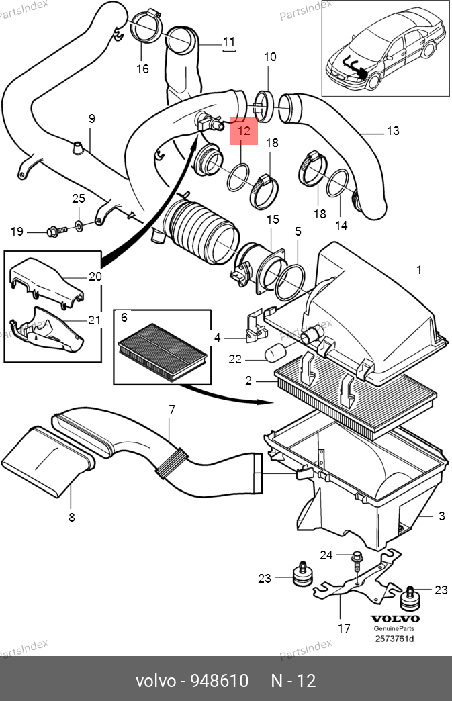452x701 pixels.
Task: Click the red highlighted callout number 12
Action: tap(244, 131)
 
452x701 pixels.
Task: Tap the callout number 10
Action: tap(270, 57)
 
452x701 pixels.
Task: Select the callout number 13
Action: tap(392, 130)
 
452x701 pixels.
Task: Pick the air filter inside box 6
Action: tap(163, 352)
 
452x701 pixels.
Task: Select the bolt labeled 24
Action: tap(357, 561)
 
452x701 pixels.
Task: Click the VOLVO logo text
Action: tap(395, 618)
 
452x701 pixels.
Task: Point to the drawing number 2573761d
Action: tap(394, 639)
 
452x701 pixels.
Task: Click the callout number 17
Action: tap(344, 628)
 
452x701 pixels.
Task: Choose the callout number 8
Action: tap(72, 517)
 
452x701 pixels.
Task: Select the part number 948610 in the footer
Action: tap(220, 681)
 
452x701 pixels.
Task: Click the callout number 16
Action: tap(142, 69)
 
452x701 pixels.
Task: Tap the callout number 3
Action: tap(442, 516)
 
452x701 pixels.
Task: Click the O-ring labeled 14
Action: tap(337, 183)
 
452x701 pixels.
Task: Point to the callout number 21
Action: tap(94, 320)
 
